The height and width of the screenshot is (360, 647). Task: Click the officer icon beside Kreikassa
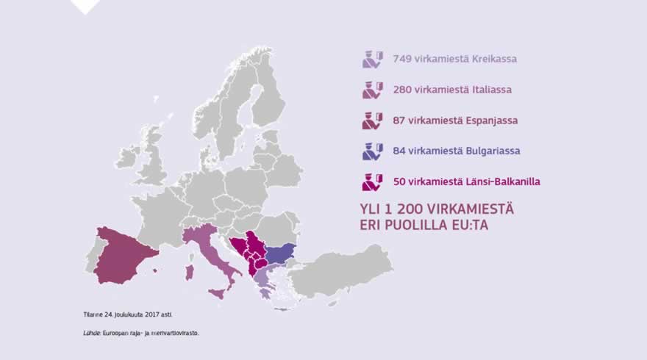[373, 59]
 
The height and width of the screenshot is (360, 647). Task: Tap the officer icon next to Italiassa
[373, 90]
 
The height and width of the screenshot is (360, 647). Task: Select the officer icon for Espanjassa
[373, 120]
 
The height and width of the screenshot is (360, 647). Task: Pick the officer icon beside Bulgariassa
[373, 151]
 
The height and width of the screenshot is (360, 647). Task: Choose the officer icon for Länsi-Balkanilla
[373, 181]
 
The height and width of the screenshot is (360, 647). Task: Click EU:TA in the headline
[468, 226]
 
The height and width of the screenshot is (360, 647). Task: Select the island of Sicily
[217, 294]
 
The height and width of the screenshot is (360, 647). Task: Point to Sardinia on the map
[189, 273]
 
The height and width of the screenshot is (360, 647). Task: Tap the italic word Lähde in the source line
[91, 333]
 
